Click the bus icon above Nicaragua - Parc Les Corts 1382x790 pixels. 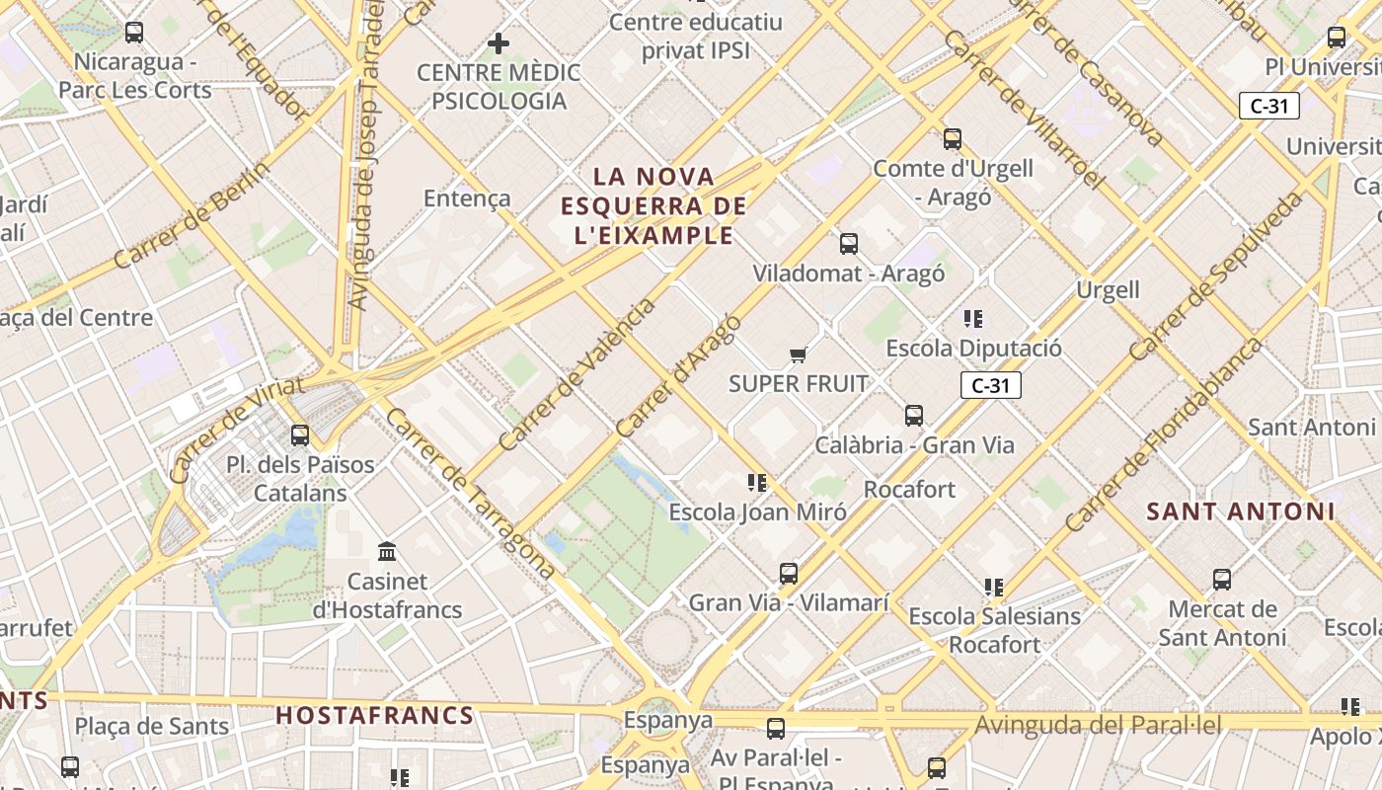134,33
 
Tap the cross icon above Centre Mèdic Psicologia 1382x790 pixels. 499,43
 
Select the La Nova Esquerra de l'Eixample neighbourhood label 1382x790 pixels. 653,206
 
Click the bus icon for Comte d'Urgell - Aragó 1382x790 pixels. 953,139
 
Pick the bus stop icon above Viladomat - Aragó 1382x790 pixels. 849,244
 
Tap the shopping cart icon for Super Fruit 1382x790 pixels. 798,355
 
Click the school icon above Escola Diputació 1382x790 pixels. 973,319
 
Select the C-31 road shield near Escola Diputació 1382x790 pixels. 990,385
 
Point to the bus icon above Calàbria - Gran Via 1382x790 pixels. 914,416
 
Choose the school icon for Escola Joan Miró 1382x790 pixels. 757,483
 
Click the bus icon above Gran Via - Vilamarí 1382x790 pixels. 788,574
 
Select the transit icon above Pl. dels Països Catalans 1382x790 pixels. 300,435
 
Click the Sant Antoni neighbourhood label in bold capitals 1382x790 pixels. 1240,512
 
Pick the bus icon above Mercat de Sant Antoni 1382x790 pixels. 1222,580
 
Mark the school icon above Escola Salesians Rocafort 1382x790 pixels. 994,588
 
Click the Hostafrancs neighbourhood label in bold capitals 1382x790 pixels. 374,716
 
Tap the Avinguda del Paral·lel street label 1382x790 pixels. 1098,726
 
